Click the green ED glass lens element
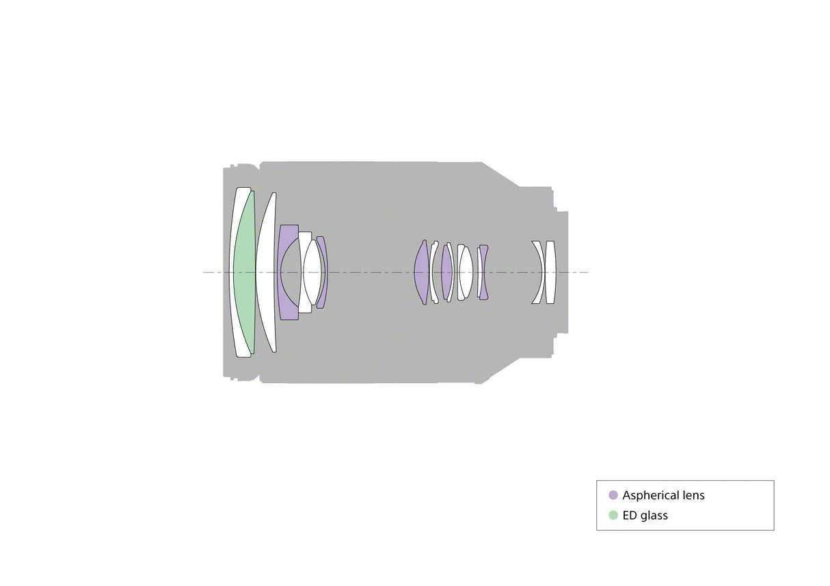point(245,272)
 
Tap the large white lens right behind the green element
point(266,272)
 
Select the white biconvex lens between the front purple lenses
point(312,272)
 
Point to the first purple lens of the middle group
point(422,272)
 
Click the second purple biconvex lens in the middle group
point(446,272)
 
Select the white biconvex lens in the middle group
point(466,272)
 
